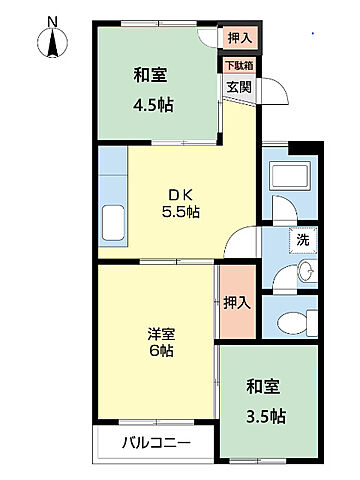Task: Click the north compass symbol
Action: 53,45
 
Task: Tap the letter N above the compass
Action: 53,20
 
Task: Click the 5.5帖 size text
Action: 181,212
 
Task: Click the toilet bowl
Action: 291,322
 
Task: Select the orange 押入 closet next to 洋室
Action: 236,302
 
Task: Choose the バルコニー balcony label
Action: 156,441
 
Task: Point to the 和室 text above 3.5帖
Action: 266,384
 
